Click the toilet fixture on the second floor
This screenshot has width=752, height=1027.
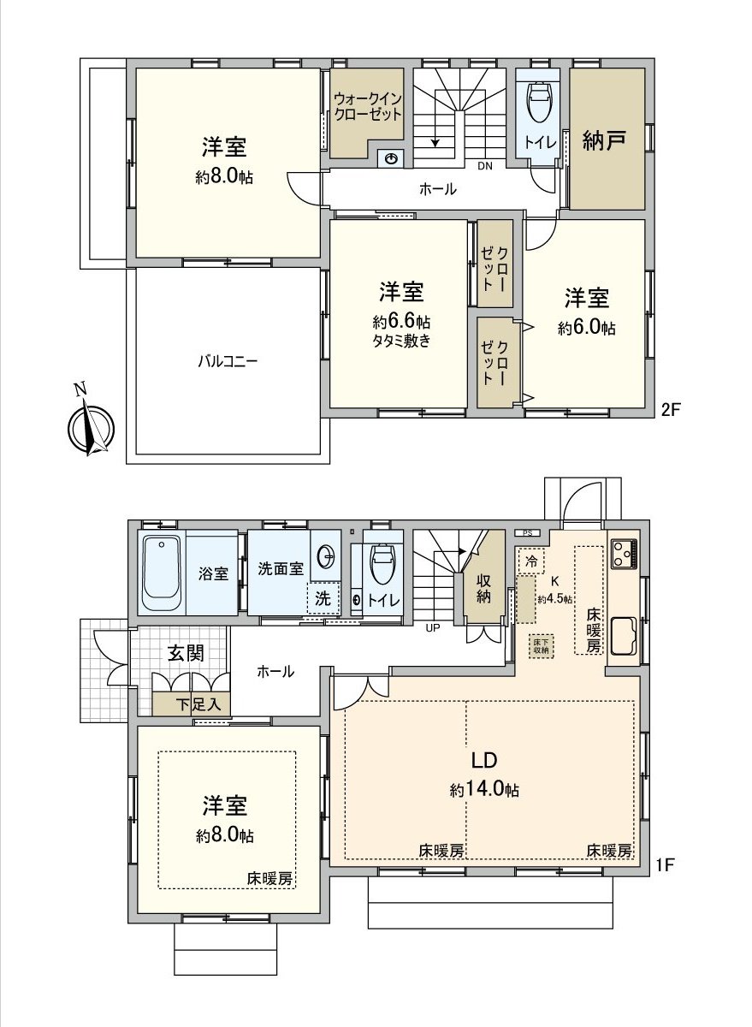539,104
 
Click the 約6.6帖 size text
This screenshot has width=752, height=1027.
400,322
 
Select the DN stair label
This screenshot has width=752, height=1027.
484,167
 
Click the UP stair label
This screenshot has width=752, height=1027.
433,627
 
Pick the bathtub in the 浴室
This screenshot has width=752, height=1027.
162,571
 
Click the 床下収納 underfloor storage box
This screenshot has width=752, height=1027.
541,645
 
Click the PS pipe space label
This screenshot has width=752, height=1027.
528,533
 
